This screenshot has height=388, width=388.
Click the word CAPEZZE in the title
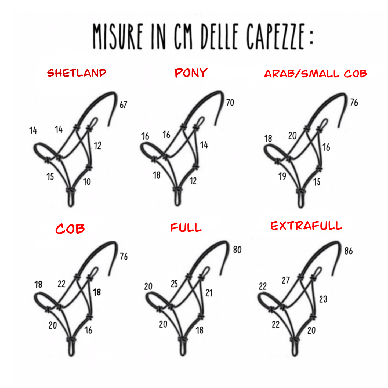(275, 36)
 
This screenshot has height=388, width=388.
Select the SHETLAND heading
(77, 73)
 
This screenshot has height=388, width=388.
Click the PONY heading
(191, 73)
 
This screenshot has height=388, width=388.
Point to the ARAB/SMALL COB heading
(315, 74)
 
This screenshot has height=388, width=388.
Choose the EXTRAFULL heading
(306, 226)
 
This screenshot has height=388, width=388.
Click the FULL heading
(186, 227)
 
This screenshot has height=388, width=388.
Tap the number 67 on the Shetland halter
(124, 105)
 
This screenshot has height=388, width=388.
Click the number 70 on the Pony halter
(230, 103)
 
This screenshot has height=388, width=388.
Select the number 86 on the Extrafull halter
(349, 251)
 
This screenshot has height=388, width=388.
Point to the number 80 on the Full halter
(237, 250)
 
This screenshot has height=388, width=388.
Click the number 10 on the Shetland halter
(87, 182)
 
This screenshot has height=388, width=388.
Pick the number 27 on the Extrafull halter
(286, 280)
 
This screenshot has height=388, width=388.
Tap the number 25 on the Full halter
(174, 284)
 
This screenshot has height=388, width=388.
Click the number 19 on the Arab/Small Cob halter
(282, 176)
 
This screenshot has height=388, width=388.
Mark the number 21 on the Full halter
(209, 293)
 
